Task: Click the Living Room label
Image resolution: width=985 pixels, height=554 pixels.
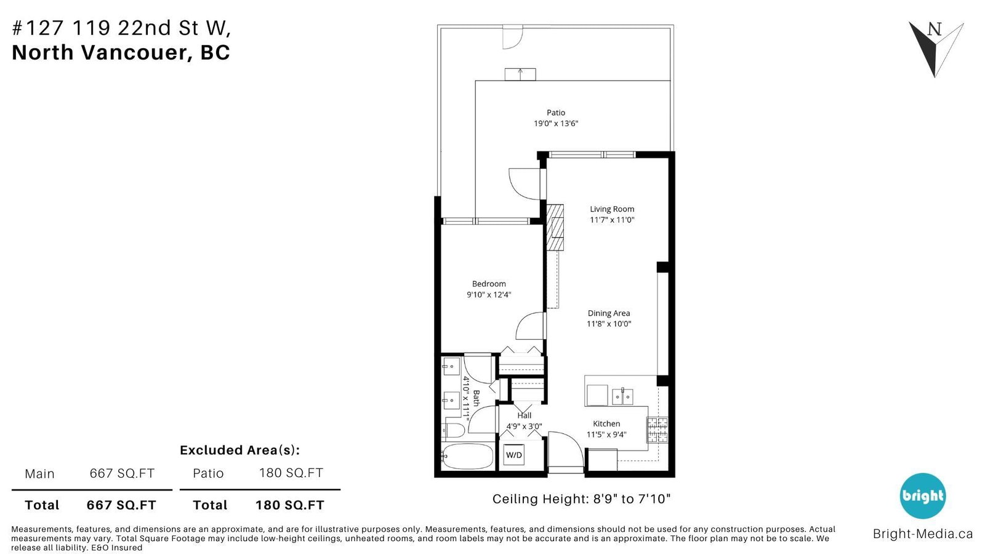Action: (x=612, y=209)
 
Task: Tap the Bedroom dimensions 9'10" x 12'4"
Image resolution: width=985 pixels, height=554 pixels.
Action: (x=489, y=295)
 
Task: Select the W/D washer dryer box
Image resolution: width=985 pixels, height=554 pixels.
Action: (x=513, y=455)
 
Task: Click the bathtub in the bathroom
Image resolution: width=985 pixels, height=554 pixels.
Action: (x=467, y=456)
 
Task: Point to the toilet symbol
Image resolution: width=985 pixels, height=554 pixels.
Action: (x=453, y=430)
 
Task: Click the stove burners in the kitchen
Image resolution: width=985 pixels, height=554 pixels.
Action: (x=657, y=430)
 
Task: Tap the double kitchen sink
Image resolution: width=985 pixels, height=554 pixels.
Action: (x=622, y=396)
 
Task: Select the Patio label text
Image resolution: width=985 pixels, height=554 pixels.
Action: (x=556, y=113)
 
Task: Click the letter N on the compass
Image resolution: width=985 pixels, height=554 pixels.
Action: (x=935, y=30)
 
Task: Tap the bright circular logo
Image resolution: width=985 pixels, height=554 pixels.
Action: (x=922, y=496)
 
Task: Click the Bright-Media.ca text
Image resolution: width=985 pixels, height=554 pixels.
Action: (x=923, y=534)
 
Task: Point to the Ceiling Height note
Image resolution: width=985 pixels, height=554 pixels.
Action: (x=581, y=499)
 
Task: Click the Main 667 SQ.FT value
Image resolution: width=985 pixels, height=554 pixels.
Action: (x=122, y=473)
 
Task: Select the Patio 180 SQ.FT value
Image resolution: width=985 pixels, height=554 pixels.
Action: (x=291, y=473)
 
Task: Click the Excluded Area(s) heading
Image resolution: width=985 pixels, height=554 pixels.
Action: (x=239, y=450)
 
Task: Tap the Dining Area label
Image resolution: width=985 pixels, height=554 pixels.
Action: (x=609, y=313)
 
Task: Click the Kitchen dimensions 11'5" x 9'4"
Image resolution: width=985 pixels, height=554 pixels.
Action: (x=606, y=435)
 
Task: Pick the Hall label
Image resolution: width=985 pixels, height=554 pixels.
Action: (x=524, y=415)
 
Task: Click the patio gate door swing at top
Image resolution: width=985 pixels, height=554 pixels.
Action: (x=513, y=38)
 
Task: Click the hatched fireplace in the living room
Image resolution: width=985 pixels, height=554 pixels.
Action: (x=555, y=227)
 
